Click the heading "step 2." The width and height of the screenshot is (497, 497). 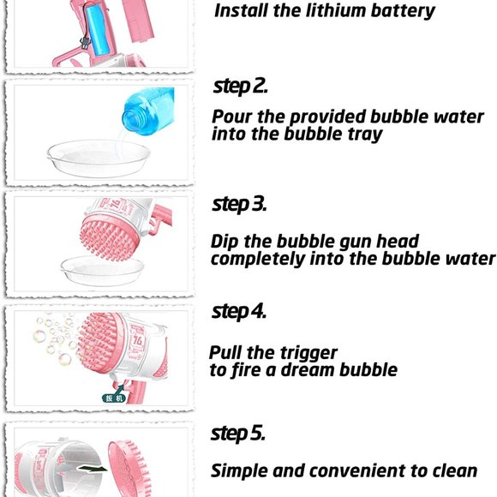point(240,87)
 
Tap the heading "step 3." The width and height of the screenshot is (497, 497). point(240,205)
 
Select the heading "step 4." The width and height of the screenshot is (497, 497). point(240,311)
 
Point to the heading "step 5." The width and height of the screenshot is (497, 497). point(238,434)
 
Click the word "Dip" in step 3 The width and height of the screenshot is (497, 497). point(226,242)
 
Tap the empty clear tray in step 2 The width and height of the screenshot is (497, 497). point(99,158)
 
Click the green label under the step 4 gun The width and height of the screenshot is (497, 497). point(113,397)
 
